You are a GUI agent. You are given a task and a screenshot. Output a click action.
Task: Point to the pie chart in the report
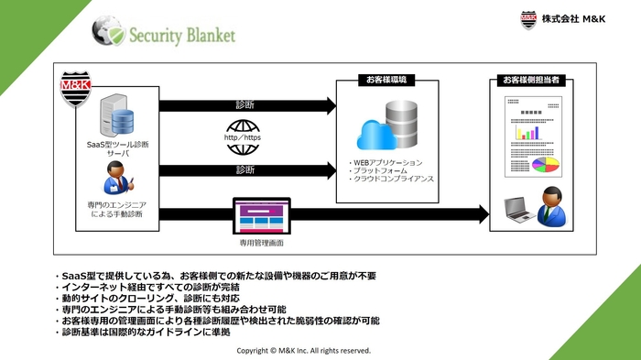(x=547, y=165)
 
